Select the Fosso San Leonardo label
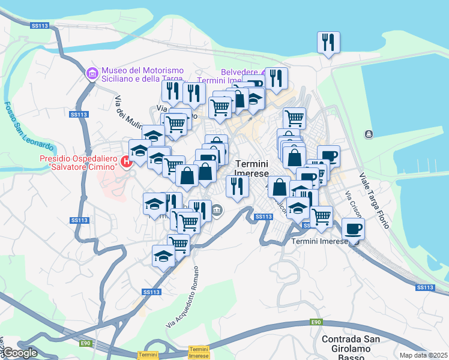(29, 127)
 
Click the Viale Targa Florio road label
(374, 200)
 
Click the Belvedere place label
(239, 72)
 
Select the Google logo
(19, 353)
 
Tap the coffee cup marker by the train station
(353, 229)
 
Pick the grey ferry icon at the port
(367, 134)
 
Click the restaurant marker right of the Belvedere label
(276, 79)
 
